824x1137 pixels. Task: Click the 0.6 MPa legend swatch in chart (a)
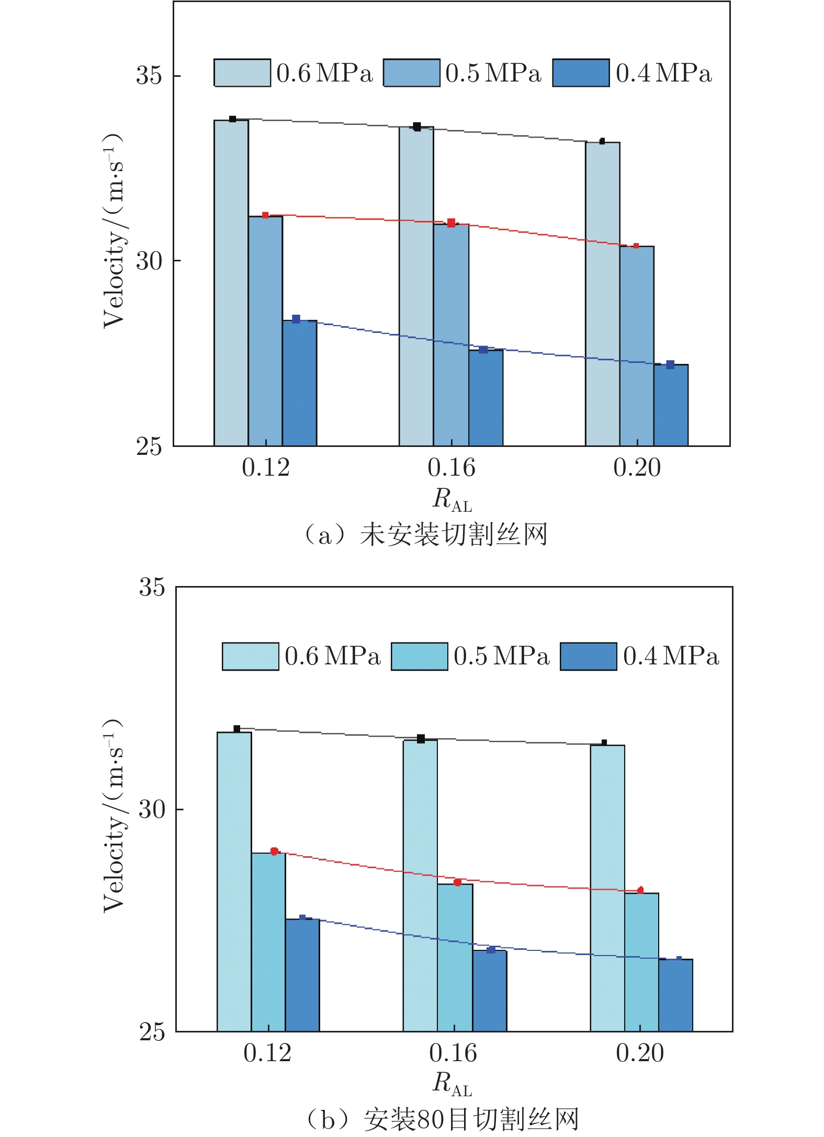pyautogui.click(x=242, y=73)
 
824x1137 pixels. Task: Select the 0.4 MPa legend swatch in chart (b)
pyautogui.click(x=588, y=656)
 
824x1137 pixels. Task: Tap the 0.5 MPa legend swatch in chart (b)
pyautogui.click(x=419, y=656)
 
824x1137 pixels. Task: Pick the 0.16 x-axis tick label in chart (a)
pyautogui.click(x=451, y=467)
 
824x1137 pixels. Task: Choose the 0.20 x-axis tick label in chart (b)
pyautogui.click(x=639, y=1053)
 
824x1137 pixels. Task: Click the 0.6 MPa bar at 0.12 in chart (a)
pyautogui.click(x=231, y=282)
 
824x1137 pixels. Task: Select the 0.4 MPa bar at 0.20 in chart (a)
pyautogui.click(x=671, y=405)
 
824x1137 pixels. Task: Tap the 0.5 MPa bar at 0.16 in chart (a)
pyautogui.click(x=451, y=335)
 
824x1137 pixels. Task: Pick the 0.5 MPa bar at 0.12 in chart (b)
pyautogui.click(x=268, y=941)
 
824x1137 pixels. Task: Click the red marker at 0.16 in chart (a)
pyautogui.click(x=451, y=223)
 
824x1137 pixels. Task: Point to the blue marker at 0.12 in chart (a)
pyautogui.click(x=296, y=319)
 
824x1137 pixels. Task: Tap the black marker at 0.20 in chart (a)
pyautogui.click(x=602, y=141)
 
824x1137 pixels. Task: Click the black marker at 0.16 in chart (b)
pyautogui.click(x=421, y=739)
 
